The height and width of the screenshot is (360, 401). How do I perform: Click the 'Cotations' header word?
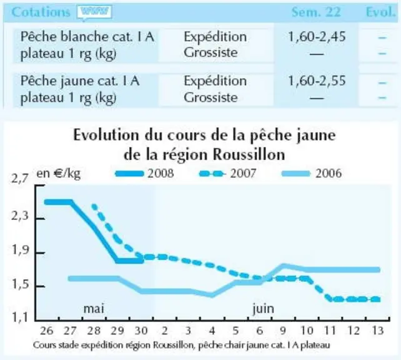[41, 12]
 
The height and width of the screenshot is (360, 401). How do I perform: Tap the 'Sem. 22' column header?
[316, 12]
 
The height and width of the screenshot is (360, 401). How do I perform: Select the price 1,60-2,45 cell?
[317, 37]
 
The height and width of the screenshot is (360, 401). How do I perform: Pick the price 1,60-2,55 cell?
[317, 81]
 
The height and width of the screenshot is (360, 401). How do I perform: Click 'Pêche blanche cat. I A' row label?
[87, 37]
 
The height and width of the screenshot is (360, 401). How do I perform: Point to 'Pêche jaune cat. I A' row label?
[80, 81]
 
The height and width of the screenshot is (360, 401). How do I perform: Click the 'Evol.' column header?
[380, 12]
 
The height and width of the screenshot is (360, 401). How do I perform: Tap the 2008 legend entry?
[145, 174]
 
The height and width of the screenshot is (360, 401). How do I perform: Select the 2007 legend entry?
[227, 174]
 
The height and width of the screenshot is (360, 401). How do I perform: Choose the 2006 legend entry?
[312, 174]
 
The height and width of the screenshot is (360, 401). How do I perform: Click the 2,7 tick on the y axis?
[19, 178]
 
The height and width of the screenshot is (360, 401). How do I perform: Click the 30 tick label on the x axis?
[141, 331]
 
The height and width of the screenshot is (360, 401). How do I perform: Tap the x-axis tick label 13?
[377, 331]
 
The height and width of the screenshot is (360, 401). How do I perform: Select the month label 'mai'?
[94, 308]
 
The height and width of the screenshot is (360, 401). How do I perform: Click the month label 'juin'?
[263, 309]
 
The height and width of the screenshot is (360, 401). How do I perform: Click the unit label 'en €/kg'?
[59, 174]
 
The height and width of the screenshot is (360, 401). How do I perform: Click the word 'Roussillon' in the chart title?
[249, 154]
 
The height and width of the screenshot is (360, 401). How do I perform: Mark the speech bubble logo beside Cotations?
[94, 12]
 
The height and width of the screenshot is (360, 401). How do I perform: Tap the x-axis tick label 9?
[283, 331]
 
